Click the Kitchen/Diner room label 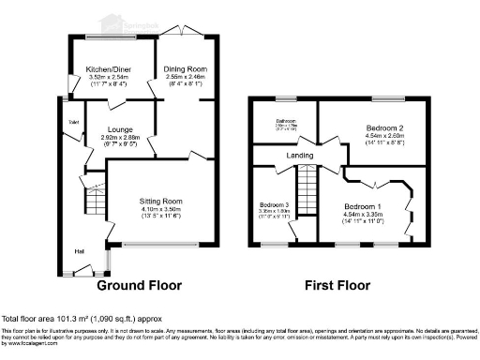click(x=107, y=69)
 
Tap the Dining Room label click(x=186, y=69)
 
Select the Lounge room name click(x=120, y=130)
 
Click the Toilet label click(x=72, y=123)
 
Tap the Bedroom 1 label click(x=361, y=205)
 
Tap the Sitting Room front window click(x=160, y=247)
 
